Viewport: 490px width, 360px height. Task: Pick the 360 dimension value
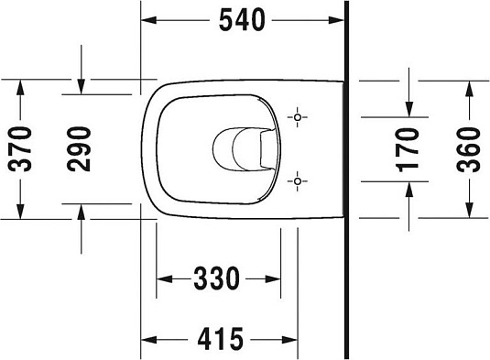click(x=468, y=149)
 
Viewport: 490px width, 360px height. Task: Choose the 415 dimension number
click(x=223, y=339)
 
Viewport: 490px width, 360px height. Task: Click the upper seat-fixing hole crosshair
click(x=299, y=118)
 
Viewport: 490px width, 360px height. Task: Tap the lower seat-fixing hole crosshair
click(x=299, y=181)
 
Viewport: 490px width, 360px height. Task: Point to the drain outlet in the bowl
click(x=240, y=149)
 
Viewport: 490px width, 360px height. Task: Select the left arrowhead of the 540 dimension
click(x=147, y=17)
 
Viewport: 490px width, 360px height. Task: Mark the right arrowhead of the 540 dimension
click(x=339, y=17)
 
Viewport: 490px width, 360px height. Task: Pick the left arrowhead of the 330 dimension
click(x=163, y=277)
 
